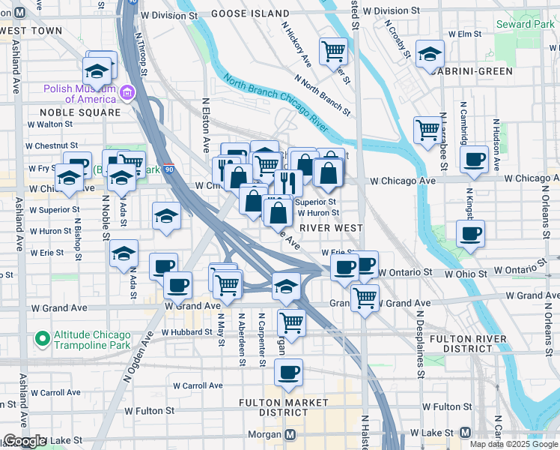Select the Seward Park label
tap(526, 25)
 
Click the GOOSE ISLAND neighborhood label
tap(249, 13)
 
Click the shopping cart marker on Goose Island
tap(333, 51)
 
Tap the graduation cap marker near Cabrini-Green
tap(430, 54)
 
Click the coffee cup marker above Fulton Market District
tap(289, 372)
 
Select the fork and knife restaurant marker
tap(288, 181)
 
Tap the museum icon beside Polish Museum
tap(127, 94)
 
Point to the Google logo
tap(24, 441)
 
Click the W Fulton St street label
tap(150, 411)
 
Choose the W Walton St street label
tap(50, 124)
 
